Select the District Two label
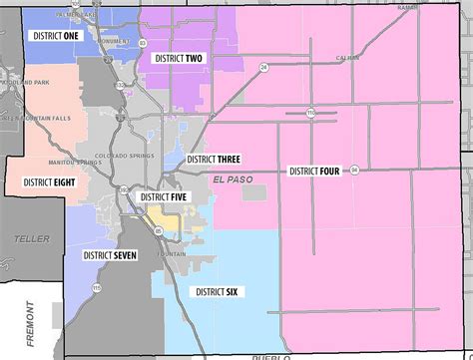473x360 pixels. pos(179,59)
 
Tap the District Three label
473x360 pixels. pos(214,160)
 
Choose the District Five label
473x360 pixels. pos(164,197)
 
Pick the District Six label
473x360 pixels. pos(217,291)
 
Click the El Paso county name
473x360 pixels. pos(233,179)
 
